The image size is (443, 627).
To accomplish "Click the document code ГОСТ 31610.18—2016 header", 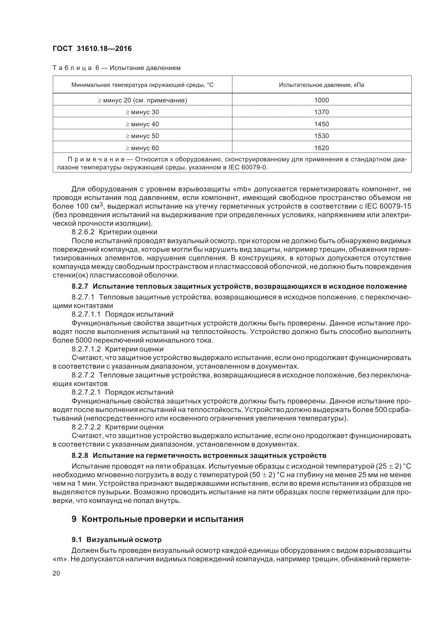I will click(x=92, y=49).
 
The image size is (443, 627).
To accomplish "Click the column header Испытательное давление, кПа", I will click(x=321, y=85).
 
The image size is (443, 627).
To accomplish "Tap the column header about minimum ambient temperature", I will click(x=142, y=85).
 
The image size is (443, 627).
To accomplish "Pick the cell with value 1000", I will click(x=321, y=100).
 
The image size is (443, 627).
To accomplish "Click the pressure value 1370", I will click(x=321, y=112).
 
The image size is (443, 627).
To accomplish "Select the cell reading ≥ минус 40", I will click(x=142, y=124).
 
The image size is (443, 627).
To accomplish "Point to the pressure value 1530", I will click(x=321, y=136).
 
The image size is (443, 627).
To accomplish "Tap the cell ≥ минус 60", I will click(x=142, y=148).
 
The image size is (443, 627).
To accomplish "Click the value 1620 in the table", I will click(x=321, y=148).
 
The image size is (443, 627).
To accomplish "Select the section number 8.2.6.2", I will click(x=83, y=232).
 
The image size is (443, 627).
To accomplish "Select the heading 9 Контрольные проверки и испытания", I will click(x=158, y=519).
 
